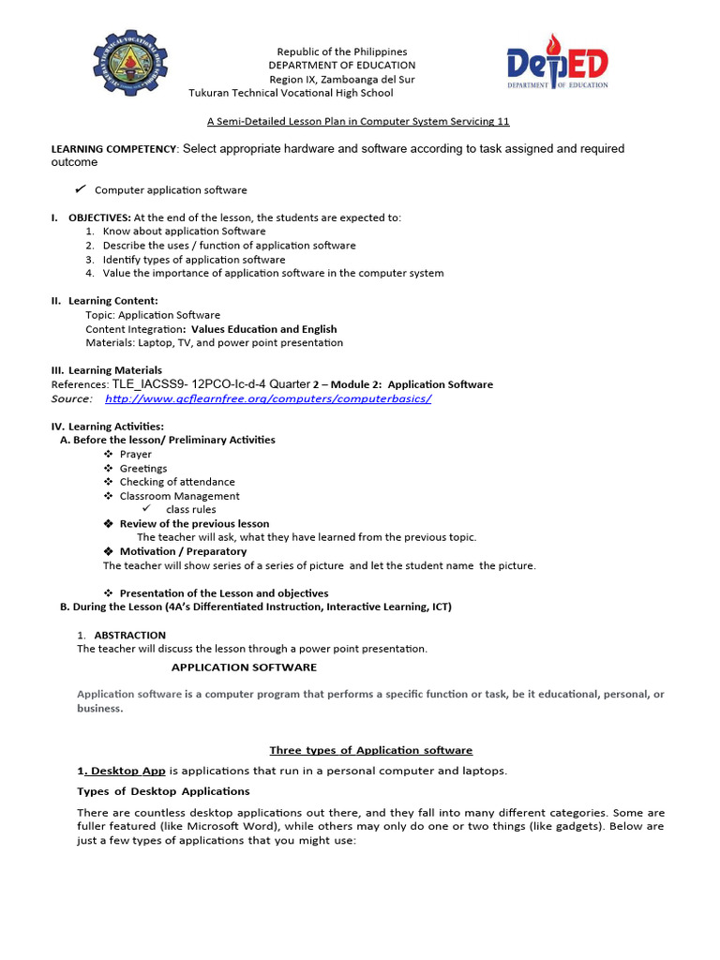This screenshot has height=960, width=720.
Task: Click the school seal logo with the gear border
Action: (130, 67)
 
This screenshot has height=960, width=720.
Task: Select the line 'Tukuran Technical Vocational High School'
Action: (291, 93)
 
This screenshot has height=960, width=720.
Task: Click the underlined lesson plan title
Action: (358, 121)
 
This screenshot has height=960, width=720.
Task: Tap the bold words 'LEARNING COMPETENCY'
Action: (112, 149)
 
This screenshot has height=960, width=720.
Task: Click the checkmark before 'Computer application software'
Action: (81, 189)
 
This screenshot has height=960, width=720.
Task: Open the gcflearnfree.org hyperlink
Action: (268, 398)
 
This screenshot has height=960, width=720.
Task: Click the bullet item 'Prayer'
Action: (135, 455)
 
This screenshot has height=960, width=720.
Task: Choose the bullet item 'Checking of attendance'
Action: (177, 482)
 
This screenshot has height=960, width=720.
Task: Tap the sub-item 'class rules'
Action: (190, 510)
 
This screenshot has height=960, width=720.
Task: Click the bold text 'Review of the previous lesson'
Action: (194, 524)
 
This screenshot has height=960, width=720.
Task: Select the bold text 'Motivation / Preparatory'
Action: (183, 551)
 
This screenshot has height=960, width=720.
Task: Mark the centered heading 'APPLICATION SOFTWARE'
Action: (244, 667)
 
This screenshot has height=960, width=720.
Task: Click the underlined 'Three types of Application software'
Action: (371, 750)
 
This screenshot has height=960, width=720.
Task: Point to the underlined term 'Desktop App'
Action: (127, 771)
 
